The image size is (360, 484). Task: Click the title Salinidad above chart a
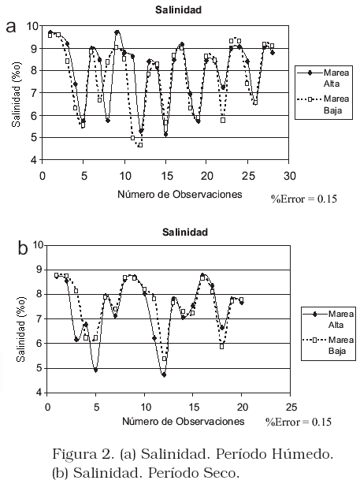(178, 10)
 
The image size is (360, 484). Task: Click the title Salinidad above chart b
(185, 232)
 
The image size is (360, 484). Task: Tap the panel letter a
(11, 27)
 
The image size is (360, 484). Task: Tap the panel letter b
(23, 248)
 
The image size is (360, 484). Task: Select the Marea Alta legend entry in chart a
(323, 78)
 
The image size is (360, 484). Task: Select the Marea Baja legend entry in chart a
(323, 104)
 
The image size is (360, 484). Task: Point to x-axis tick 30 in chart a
(289, 176)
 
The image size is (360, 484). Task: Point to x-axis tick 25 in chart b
(290, 407)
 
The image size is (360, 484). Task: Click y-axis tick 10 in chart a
(32, 26)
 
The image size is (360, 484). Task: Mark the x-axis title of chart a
(180, 194)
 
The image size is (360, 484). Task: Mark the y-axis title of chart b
(21, 329)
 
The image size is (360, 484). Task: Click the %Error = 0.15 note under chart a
(304, 199)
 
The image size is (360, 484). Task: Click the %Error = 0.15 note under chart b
(299, 422)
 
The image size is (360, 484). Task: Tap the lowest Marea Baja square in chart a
(140, 145)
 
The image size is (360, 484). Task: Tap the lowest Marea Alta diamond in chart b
(164, 374)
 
